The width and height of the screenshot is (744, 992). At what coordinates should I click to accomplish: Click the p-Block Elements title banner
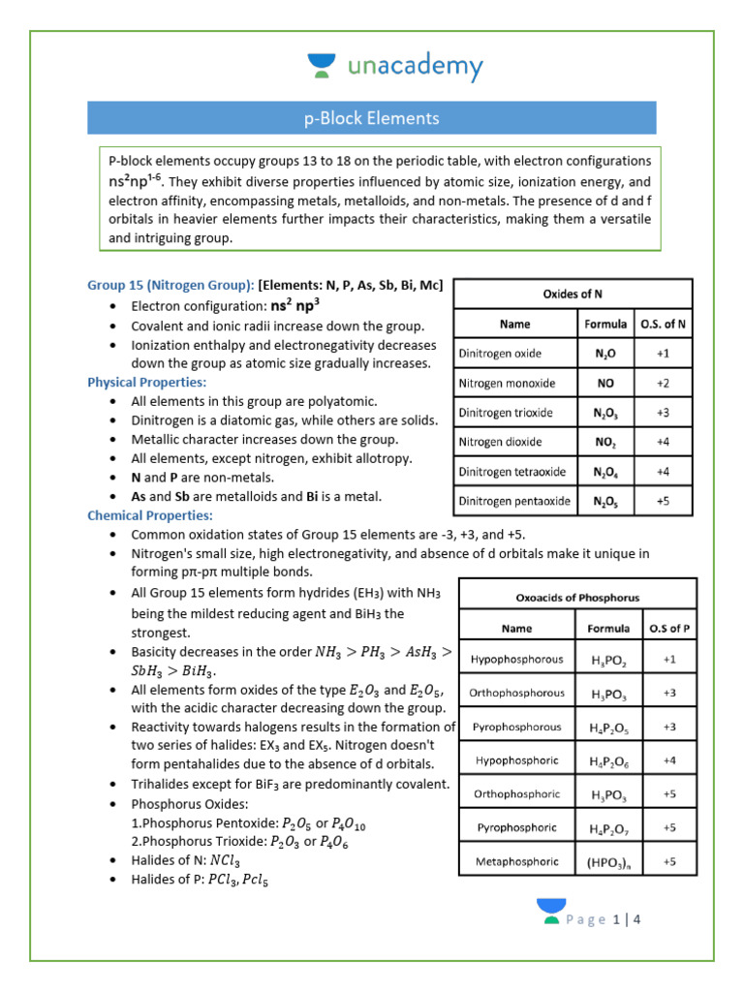[372, 118]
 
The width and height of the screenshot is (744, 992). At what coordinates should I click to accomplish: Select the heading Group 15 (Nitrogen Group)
[170, 285]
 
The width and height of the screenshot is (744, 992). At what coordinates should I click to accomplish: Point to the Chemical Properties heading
[150, 515]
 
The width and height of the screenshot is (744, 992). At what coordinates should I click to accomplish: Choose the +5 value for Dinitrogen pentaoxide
[663, 502]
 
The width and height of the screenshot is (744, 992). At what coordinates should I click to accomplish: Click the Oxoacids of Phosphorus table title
[577, 597]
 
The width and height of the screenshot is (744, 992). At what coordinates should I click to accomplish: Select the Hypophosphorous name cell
[516, 660]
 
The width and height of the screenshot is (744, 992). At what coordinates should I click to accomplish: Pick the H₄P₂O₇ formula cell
[608, 828]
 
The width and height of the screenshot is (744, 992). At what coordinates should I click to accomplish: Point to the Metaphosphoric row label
[516, 860]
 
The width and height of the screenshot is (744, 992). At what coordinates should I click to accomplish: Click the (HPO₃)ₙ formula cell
[608, 860]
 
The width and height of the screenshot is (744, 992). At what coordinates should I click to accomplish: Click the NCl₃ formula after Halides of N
[224, 860]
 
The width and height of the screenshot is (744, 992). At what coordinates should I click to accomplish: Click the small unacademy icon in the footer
[550, 912]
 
